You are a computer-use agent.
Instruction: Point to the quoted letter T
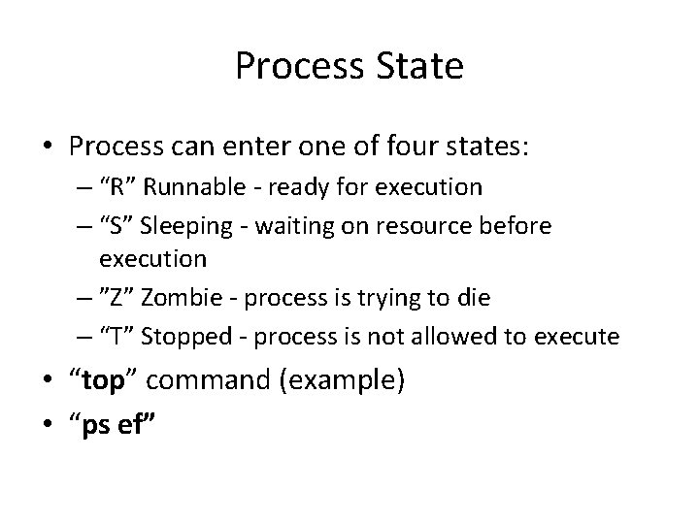click(x=113, y=337)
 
